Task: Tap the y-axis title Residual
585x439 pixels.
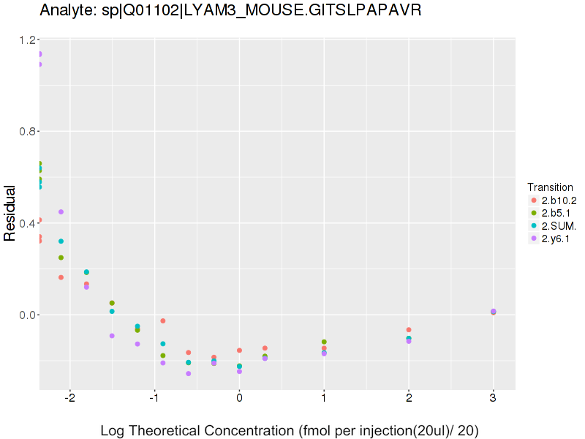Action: coord(11,213)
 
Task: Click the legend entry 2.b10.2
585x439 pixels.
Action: coord(559,200)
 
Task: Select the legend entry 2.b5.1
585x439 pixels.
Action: coord(556,213)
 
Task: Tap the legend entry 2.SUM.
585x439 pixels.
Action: coord(557,226)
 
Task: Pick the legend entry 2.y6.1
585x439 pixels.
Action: coord(556,239)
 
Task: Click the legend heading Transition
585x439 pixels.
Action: coord(550,187)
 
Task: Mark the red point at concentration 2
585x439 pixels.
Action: coord(409,330)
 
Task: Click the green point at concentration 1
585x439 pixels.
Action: coord(324,342)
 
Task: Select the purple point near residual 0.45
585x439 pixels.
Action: coord(61,212)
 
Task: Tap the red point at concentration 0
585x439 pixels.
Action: coord(239,350)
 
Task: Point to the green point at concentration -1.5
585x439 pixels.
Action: coord(112,303)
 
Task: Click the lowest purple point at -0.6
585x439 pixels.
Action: coord(189,374)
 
